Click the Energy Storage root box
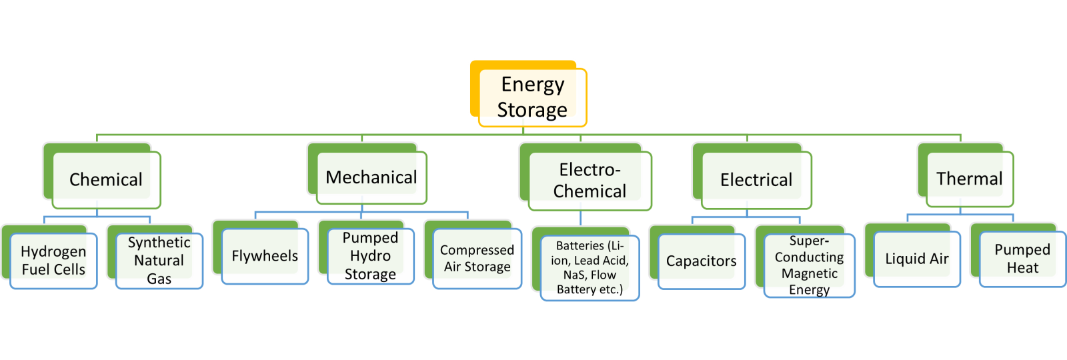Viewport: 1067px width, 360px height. [532, 97]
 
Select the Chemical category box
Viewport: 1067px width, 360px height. [106, 179]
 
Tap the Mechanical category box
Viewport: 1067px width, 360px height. [371, 177]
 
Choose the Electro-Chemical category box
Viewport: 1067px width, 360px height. [590, 181]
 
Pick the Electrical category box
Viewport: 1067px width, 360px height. [756, 180]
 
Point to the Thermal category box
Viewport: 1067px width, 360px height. [969, 179]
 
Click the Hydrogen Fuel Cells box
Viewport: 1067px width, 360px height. [53, 261]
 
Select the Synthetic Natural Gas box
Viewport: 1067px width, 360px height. [159, 261]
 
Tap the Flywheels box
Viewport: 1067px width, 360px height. [265, 256]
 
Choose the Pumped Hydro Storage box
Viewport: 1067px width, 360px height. [370, 256]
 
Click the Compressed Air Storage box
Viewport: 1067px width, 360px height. [477, 259]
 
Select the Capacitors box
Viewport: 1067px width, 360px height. [701, 261]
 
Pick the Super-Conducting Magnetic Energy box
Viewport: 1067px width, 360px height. [809, 265]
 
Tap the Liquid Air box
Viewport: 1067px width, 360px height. [916, 259]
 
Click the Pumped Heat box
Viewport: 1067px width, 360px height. [1022, 259]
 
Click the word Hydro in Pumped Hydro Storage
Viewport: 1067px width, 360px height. [370, 256]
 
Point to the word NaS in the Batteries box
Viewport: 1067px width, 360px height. [574, 275]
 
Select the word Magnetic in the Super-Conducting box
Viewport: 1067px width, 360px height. [809, 273]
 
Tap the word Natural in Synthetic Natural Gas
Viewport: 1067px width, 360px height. [159, 261]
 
